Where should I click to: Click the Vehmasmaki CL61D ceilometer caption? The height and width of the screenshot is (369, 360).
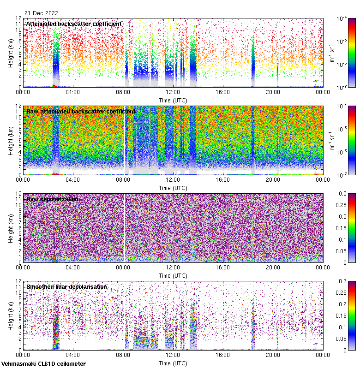click(43, 364)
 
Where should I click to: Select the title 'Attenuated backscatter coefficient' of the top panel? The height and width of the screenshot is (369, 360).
click(74, 24)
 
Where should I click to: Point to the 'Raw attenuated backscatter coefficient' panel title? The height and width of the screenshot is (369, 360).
click(81, 111)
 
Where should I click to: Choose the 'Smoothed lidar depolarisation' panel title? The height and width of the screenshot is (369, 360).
click(66, 286)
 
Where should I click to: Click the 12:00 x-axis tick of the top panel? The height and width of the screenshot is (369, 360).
click(173, 91)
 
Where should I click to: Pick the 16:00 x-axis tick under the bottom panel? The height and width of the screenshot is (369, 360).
click(222, 354)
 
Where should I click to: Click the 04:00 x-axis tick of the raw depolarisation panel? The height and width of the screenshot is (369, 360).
click(73, 267)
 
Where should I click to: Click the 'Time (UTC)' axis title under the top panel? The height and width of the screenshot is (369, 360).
click(173, 100)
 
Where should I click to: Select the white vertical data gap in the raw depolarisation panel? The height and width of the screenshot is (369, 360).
click(125, 228)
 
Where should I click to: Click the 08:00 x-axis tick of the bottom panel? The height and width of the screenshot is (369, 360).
click(123, 354)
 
